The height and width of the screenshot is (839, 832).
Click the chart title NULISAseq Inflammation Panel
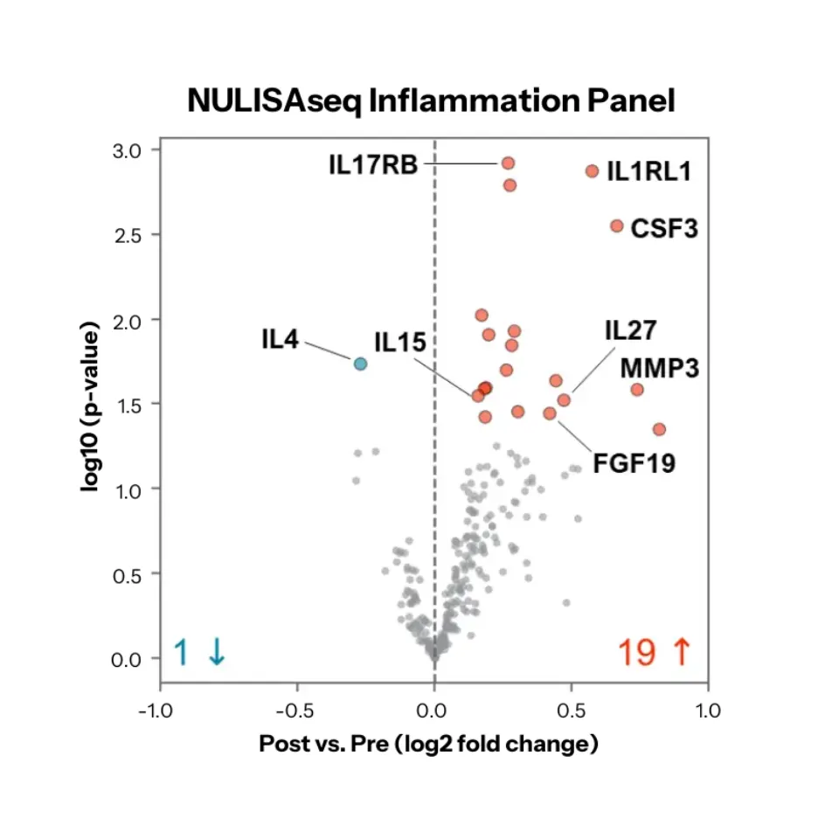point(432,101)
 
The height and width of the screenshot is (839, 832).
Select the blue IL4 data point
point(360,364)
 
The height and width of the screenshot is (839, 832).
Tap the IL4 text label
point(280,339)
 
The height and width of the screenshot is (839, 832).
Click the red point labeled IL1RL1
point(592,171)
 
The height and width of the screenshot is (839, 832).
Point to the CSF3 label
point(664,229)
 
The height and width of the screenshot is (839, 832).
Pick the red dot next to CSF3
point(616,225)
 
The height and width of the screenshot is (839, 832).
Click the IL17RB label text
point(373,164)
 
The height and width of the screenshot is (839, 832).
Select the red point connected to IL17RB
point(507,163)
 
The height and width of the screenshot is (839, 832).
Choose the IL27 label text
point(631,330)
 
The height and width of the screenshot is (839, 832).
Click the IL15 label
point(400,342)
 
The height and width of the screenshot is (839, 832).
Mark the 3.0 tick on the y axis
point(133,150)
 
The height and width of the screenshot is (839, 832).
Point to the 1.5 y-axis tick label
point(133,404)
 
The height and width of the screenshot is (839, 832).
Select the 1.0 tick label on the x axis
point(708,711)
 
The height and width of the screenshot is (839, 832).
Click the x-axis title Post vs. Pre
point(428,745)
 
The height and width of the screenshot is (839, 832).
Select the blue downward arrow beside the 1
point(216,653)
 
